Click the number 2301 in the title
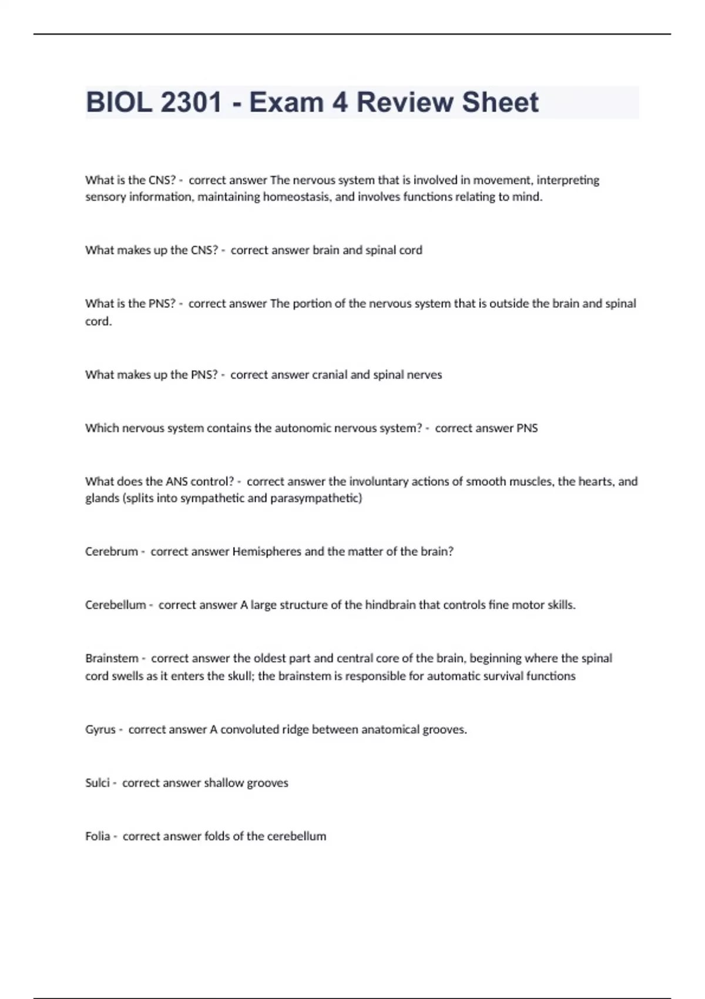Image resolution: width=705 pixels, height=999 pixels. (x=191, y=102)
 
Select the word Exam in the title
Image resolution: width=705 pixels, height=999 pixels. (x=287, y=102)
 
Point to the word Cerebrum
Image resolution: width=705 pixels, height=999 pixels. (x=111, y=552)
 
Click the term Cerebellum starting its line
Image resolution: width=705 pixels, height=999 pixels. (x=115, y=605)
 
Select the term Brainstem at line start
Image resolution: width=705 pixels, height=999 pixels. (x=112, y=658)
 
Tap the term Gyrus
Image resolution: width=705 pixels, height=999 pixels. (x=100, y=730)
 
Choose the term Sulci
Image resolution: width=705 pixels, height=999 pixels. (x=98, y=783)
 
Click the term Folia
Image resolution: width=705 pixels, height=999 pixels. (x=98, y=836)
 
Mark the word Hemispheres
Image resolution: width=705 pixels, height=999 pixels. (x=267, y=552)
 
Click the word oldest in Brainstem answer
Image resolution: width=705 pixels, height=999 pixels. (x=273, y=658)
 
